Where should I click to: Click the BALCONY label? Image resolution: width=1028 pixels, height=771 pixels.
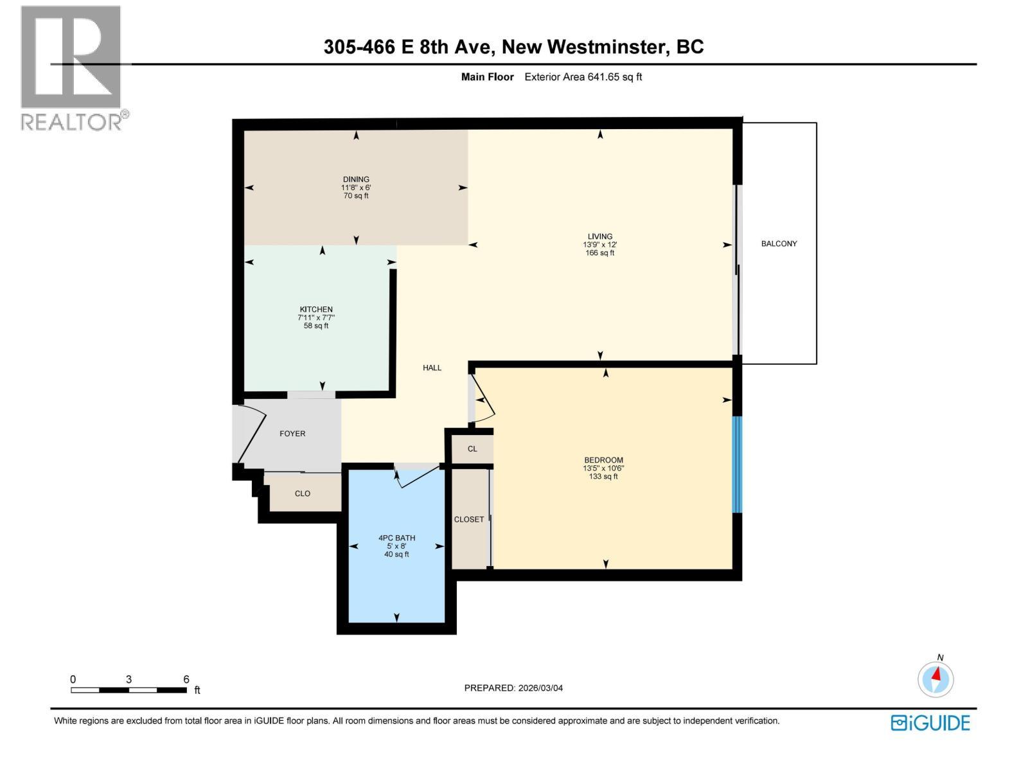pos(779,244)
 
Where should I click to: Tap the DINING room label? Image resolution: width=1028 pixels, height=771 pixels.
pos(356,179)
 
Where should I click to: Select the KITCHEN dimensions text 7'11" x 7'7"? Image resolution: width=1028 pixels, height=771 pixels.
pos(316,317)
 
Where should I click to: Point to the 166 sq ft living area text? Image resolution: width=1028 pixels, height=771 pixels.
pos(599,253)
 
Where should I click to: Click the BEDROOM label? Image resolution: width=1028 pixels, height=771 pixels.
pos(603,460)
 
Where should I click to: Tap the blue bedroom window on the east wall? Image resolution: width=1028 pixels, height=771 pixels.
pos(737,465)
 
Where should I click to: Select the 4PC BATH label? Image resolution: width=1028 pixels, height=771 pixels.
pos(396,538)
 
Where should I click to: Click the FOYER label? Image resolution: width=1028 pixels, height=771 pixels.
pos(292,434)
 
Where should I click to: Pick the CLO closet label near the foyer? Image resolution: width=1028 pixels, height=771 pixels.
pos(303,493)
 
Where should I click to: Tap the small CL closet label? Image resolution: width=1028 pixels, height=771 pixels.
pos(472,449)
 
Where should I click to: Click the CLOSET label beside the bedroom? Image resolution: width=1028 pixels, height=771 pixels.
pos(469,519)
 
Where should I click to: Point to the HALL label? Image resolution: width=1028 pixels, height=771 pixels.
pos(432,368)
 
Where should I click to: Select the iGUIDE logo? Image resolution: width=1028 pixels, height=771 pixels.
pos(930,723)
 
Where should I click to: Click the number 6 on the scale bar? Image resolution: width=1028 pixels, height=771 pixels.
pos(186,679)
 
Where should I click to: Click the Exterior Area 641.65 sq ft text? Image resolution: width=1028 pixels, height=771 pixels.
pos(583,76)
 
